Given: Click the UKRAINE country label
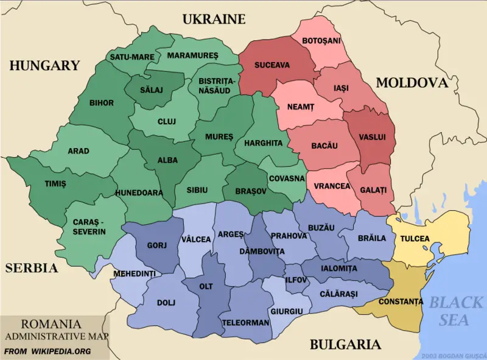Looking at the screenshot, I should pyautogui.click(x=214, y=19).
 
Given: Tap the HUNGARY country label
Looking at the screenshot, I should pyautogui.click(x=44, y=65).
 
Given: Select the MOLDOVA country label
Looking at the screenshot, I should pyautogui.click(x=412, y=83).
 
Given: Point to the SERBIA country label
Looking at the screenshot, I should pyautogui.click(x=32, y=267).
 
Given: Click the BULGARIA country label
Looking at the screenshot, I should pyautogui.click(x=345, y=344).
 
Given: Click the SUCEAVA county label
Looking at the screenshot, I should pyautogui.click(x=272, y=65).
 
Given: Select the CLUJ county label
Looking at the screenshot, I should pyautogui.click(x=166, y=121).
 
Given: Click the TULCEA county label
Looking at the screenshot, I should pyautogui.click(x=415, y=239).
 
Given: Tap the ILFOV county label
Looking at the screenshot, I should pyautogui.click(x=296, y=280).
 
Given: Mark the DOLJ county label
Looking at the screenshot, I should pyautogui.click(x=166, y=302).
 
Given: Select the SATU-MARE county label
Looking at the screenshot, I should pyautogui.click(x=131, y=57).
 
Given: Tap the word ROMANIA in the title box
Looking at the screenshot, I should pyautogui.click(x=51, y=324).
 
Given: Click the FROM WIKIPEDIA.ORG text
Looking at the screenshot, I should pyautogui.click(x=47, y=351).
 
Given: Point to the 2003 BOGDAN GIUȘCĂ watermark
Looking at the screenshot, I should pyautogui.click(x=453, y=355).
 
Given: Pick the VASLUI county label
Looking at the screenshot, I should pyautogui.click(x=373, y=137).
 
